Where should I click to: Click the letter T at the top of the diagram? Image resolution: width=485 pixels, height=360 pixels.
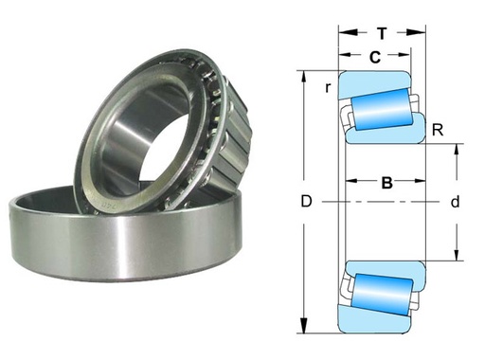coord(381,31)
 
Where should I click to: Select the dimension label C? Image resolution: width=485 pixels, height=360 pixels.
coord(375,58)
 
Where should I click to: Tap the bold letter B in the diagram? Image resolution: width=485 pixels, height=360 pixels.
coord(386,184)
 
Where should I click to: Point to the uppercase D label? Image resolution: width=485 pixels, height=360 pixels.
coord(305,202)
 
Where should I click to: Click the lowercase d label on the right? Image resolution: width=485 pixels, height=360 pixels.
coord(455,202)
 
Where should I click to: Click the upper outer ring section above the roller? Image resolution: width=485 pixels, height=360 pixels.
coord(374,81)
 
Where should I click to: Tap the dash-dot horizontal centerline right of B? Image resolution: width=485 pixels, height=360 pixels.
coord(426,202)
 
